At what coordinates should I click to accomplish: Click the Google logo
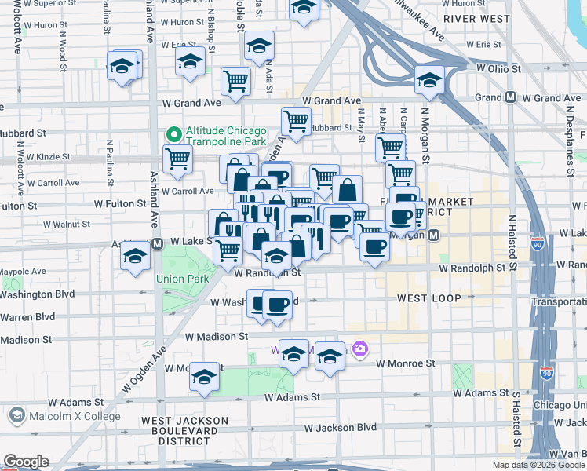tap(26, 462)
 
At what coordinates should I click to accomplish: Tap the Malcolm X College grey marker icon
tap(15, 414)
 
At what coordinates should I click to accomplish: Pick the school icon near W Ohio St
tap(429, 80)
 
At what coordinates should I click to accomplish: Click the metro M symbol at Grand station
tap(510, 98)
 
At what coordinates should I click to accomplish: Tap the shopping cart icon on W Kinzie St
tap(178, 158)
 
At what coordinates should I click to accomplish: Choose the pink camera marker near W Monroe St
tap(359, 349)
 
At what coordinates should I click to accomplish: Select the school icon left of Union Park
tap(136, 256)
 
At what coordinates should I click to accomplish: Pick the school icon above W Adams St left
tap(205, 378)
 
